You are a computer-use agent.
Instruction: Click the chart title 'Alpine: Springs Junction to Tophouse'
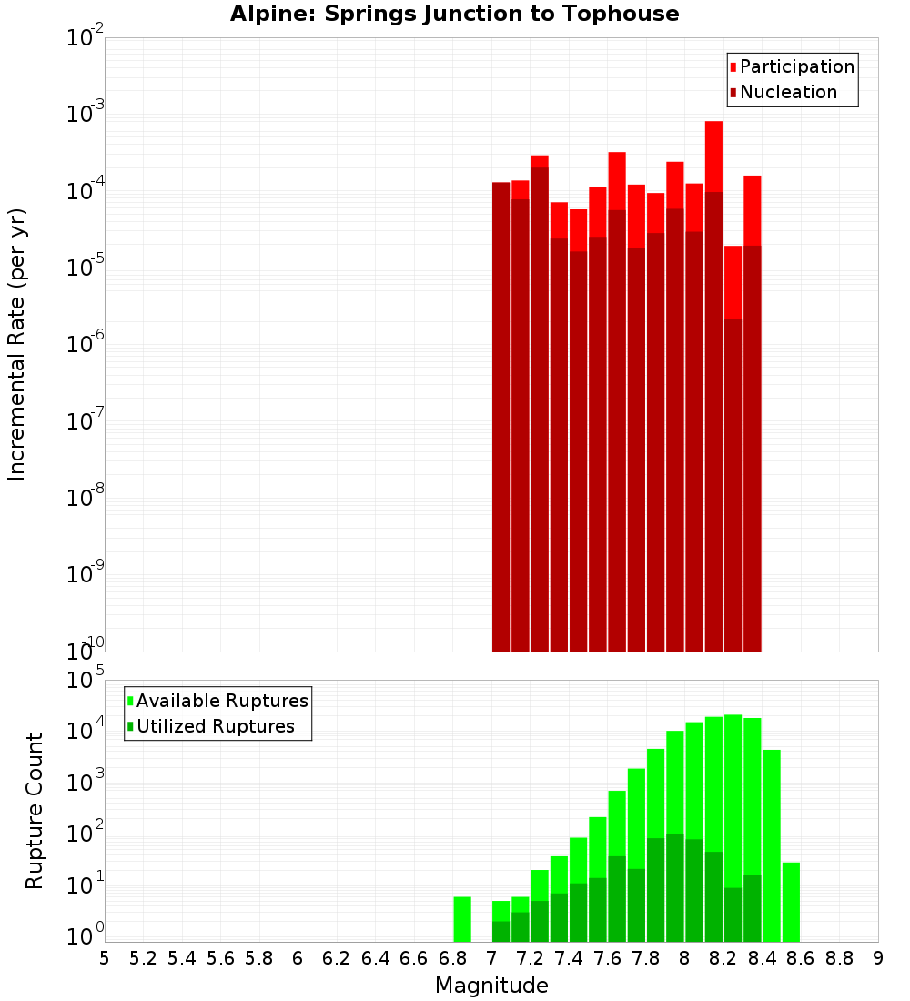454,14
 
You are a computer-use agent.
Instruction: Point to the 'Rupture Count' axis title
35,811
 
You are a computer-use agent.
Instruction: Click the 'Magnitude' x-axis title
491,986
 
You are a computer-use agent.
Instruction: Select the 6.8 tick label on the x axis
452,958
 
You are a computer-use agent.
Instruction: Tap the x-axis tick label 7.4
569,958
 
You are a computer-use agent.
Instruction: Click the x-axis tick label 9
877,958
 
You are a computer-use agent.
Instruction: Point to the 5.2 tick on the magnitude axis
144,958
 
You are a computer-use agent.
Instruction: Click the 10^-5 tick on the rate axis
85,268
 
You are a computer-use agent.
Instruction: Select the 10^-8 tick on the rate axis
85,498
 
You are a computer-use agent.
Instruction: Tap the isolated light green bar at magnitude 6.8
462,919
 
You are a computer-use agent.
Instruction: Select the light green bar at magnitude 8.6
791,902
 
